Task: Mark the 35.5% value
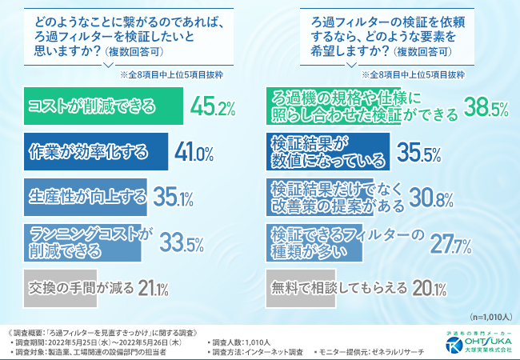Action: (426, 150)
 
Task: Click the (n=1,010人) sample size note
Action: (485, 316)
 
